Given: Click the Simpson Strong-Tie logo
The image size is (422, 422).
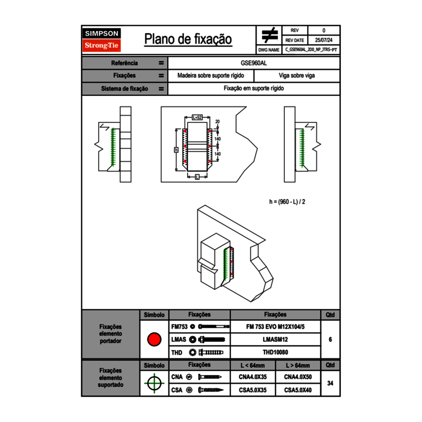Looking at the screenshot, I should point(102,40).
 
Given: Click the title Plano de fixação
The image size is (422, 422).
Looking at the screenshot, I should point(188,39).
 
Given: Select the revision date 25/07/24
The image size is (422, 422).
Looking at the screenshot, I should point(324,40).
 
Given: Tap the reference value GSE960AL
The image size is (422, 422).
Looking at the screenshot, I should point(254,63).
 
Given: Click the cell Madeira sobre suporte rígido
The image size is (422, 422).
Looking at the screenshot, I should point(211,76).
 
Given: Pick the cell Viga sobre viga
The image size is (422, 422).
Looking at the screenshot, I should point(297,76).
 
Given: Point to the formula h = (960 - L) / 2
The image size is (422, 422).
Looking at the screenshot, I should point(287,202).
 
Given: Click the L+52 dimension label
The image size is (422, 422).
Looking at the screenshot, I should point(197,117).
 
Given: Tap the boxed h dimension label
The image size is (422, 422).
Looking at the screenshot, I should point(176,150).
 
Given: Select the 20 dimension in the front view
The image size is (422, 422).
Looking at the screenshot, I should point(217,122).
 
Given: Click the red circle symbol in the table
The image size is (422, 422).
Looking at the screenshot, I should point(154,340).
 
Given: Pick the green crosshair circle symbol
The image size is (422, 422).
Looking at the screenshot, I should point(154,383).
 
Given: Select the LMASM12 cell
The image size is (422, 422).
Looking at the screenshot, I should point(275,340).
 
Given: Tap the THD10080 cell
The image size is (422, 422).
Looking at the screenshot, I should point(275,352).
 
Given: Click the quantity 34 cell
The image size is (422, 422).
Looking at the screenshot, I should point(330,383).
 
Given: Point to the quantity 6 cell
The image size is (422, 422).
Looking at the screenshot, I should point(330,340).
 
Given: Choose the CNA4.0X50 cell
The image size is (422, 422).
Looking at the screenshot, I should point(298,377).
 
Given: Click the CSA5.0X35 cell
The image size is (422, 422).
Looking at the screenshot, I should point(253,390).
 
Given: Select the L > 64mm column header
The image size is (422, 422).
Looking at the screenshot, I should point(298,365).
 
